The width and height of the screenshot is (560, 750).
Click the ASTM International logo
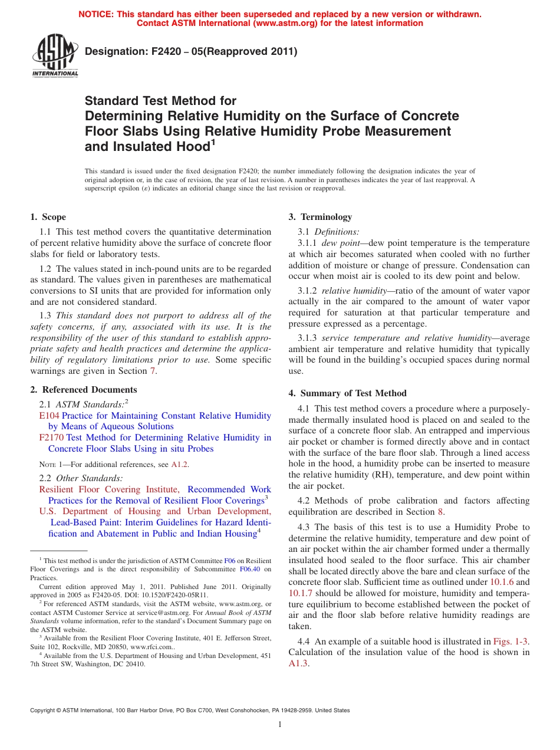(54, 55)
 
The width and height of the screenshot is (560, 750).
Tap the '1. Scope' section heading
(48, 217)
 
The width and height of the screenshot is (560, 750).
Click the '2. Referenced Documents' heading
(83, 390)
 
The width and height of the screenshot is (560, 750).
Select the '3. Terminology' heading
(320, 217)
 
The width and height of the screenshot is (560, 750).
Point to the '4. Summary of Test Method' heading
(347, 393)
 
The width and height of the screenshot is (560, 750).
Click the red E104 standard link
(49, 416)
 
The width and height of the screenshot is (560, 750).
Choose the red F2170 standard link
(51, 437)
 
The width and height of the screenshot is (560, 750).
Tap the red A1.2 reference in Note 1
(180, 465)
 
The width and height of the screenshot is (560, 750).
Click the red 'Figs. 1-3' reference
(511, 642)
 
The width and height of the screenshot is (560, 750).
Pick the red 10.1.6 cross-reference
(502, 582)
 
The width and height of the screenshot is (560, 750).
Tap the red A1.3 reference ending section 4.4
(298, 663)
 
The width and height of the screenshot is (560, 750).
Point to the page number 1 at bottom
(280, 725)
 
